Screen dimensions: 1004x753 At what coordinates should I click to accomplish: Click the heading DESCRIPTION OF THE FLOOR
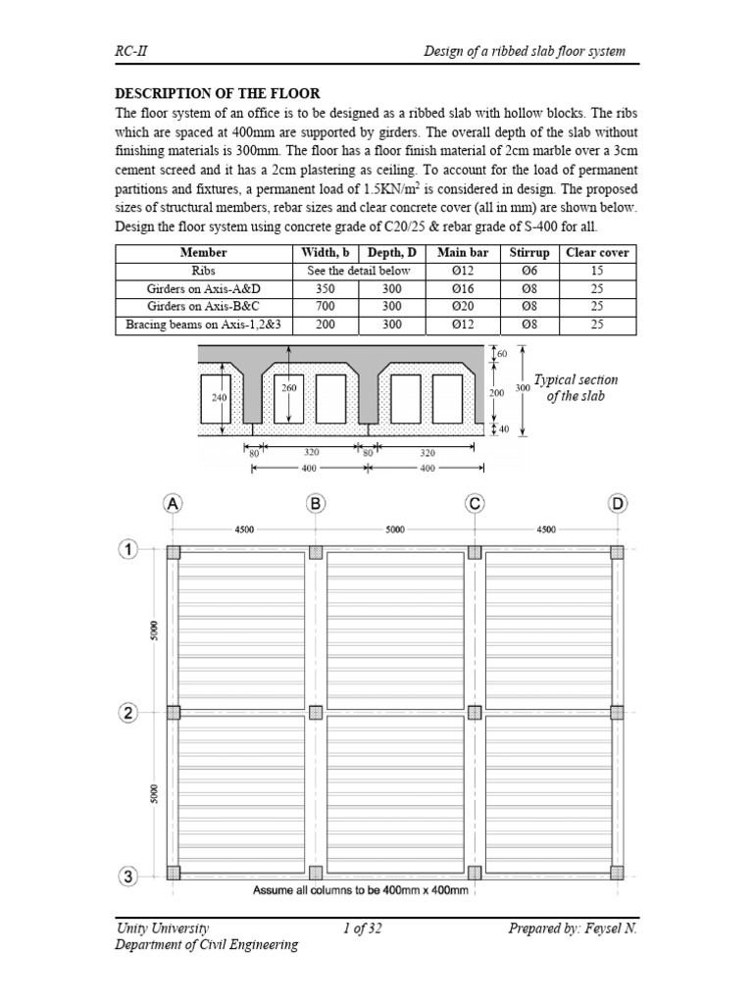coord(218,93)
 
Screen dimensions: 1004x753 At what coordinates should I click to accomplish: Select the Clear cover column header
coord(597,253)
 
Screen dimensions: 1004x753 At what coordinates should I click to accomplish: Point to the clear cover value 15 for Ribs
coord(597,271)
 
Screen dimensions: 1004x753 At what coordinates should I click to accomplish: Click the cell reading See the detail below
coord(359,271)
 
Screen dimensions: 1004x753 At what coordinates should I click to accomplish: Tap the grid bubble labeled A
coord(173,504)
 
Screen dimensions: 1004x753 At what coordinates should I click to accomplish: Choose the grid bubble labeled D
coord(618,504)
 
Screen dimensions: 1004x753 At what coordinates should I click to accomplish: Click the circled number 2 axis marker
coord(128,713)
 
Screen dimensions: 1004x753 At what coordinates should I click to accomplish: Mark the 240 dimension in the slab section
coord(220,399)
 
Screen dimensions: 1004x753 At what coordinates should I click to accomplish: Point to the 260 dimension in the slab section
coord(288,388)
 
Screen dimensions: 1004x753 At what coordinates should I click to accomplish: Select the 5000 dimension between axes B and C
coord(394,529)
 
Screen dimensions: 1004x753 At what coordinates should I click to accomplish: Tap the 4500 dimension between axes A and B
coord(244,529)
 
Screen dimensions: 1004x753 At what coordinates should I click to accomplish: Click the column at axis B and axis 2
coord(316,713)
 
